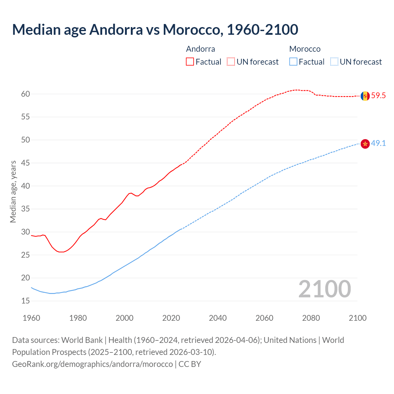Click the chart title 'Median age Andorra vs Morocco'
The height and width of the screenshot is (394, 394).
coord(155,30)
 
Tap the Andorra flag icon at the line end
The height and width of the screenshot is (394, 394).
coord(365,96)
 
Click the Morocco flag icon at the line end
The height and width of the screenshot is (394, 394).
coord(365,143)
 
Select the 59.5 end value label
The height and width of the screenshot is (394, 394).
coord(378,96)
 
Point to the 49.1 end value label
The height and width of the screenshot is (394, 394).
coord(378,143)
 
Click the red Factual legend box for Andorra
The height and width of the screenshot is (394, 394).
coord(190,62)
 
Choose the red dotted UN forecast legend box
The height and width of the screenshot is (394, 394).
coord(231,62)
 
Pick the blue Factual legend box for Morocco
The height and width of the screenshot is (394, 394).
coord(293,62)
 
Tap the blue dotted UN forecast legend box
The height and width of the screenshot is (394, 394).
coord(334,62)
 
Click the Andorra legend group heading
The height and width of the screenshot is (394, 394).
coord(200,49)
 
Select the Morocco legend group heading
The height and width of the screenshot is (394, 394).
coord(305,49)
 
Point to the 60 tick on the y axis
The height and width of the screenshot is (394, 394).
coord(26,94)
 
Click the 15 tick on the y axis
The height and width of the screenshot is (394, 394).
coord(26,301)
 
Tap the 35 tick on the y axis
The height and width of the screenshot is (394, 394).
coord(26,209)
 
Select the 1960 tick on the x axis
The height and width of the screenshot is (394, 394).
coord(31,318)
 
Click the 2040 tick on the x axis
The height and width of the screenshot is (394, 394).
coord(218,318)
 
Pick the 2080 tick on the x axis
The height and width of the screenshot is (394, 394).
coord(311,318)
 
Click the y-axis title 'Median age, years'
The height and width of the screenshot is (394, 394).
coord(13,191)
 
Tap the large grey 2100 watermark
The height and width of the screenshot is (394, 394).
coord(325,289)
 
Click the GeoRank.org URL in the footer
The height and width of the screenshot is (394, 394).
coord(92,364)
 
